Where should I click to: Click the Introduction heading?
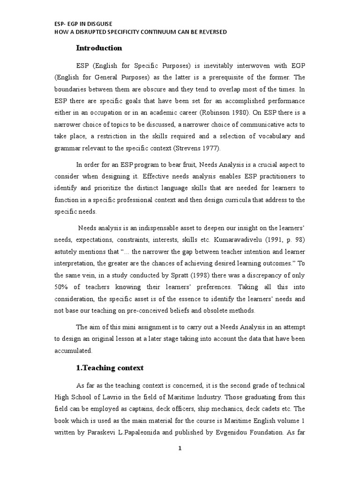(x=99, y=48)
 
